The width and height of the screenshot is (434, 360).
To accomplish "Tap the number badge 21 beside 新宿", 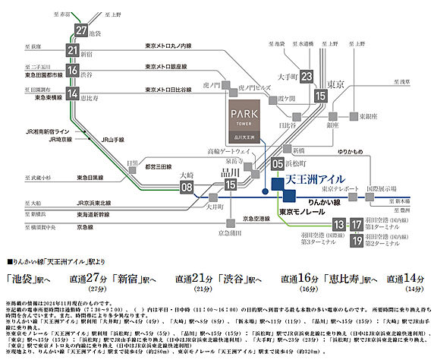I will point(73,50).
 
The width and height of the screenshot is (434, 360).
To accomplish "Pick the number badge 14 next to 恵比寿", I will point(73,93).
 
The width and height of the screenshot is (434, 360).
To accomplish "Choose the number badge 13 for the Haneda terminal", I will point(339,225).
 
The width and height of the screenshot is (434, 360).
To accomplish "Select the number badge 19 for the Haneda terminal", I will point(355,242).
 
